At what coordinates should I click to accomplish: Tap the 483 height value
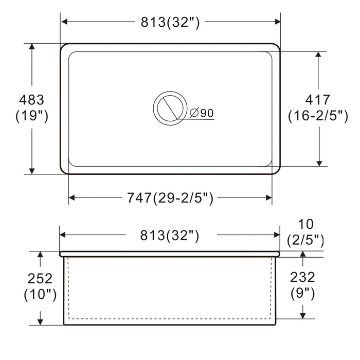(32, 99)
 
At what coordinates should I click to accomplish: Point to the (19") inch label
(32, 116)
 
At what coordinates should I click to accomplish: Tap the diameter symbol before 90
(194, 113)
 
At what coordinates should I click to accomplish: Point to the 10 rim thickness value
(305, 224)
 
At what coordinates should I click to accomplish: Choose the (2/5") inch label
(305, 240)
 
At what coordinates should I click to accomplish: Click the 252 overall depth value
(40, 278)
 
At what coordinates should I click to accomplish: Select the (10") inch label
(40, 295)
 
